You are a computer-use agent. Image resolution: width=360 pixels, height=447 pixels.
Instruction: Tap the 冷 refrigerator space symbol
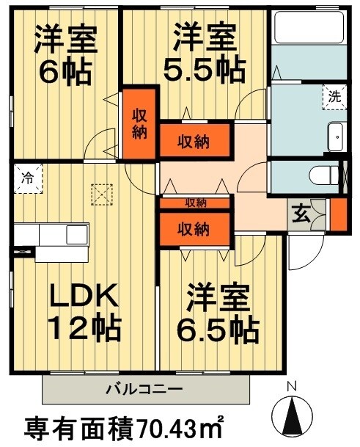pos(27,177)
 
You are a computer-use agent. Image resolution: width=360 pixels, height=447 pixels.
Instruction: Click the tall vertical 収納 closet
pos(139,124)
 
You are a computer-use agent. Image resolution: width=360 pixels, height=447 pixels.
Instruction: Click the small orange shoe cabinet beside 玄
pos(338,214)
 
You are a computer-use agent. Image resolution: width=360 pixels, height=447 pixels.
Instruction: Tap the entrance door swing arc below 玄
pos(301,253)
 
